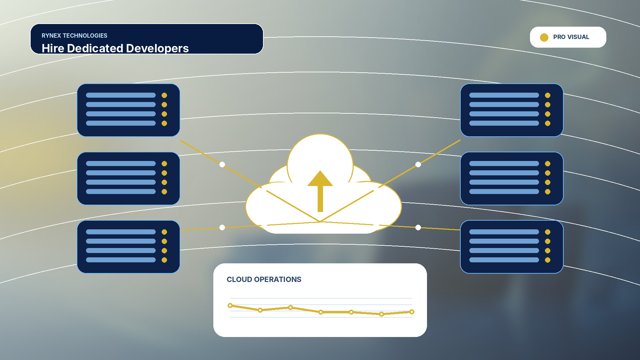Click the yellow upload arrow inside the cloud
click(x=320, y=191)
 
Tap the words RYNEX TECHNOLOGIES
click(x=74, y=36)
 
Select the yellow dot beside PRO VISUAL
click(x=544, y=37)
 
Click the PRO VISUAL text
click(x=571, y=37)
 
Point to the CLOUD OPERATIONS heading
click(x=264, y=279)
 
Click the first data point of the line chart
click(x=230, y=305)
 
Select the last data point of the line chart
click(x=412, y=312)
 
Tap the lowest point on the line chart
click(x=381, y=314)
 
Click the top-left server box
click(x=128, y=110)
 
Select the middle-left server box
click(x=128, y=178)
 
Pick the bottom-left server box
click(x=128, y=247)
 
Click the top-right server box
click(x=512, y=110)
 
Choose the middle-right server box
click(x=512, y=178)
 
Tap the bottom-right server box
click(x=512, y=247)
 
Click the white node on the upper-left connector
click(x=222, y=164)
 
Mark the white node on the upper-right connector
click(x=418, y=164)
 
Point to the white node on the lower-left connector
click(x=222, y=227)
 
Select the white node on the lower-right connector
click(x=418, y=227)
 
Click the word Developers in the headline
click(x=157, y=48)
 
